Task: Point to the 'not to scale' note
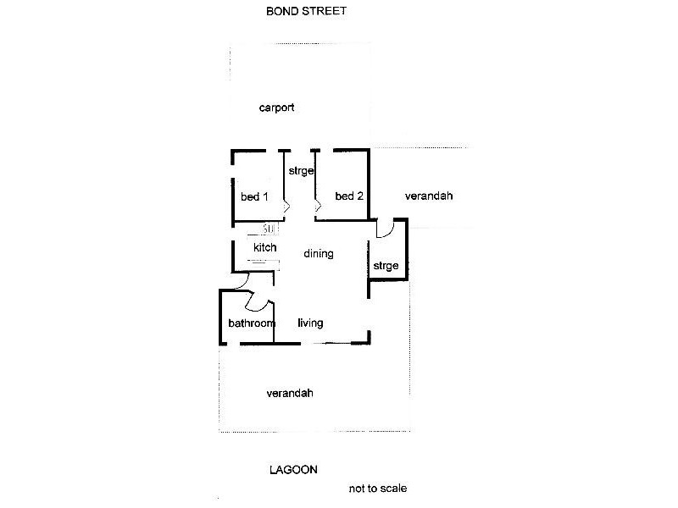pos(382,489)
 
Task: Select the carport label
pos(276,108)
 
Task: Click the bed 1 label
pos(254,197)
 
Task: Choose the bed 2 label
pos(349,196)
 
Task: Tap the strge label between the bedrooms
pos(301,171)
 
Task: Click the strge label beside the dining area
pos(386,267)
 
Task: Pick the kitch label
pos(264,247)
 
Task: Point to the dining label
pos(318,254)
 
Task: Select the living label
pos(310,323)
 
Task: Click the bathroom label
pos(252,323)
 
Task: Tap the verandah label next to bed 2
pos(429,196)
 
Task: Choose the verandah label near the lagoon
pos(290,394)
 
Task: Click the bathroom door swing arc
pos(258,300)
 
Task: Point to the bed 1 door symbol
pos(287,205)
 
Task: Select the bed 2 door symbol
pos(319,205)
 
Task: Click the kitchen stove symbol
pos(269,229)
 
